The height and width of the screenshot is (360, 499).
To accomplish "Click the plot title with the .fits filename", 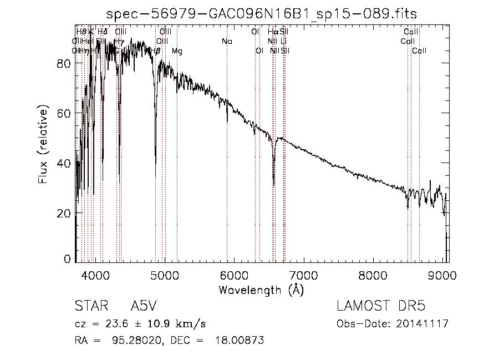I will (x=261, y=13).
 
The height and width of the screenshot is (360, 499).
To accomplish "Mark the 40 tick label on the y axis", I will (x=64, y=164).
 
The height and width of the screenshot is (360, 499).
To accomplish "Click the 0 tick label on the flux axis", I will (x=68, y=258).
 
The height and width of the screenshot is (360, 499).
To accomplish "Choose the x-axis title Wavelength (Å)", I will (x=261, y=290).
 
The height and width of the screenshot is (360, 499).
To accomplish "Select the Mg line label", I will (x=177, y=51).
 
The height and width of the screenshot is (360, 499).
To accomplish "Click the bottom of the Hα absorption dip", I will (x=273, y=185).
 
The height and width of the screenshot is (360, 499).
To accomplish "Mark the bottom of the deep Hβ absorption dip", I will (x=155, y=163).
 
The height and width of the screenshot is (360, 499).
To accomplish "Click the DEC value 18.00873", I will (x=239, y=340).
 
